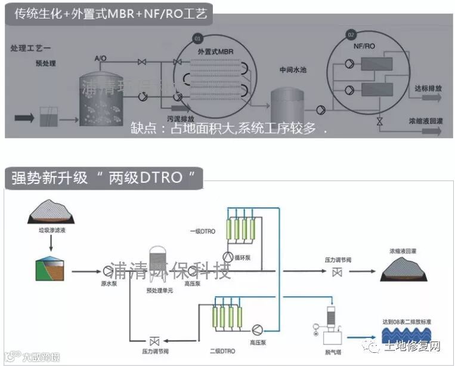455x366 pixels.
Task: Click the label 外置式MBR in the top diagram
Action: (x=216, y=53)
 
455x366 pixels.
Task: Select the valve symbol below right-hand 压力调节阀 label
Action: (x=336, y=272)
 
